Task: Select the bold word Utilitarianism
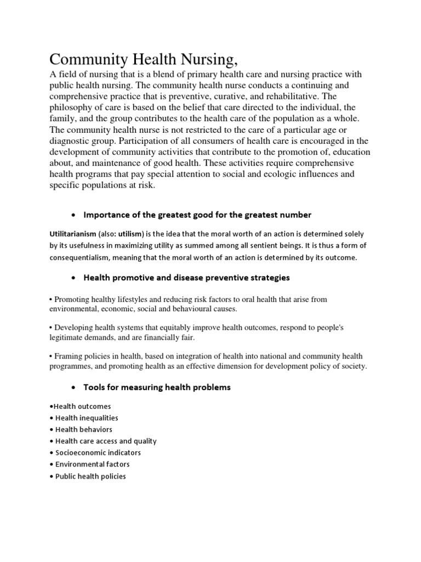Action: tap(73, 234)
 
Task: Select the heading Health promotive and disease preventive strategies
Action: tap(186, 278)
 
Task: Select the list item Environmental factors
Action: tap(94, 464)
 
